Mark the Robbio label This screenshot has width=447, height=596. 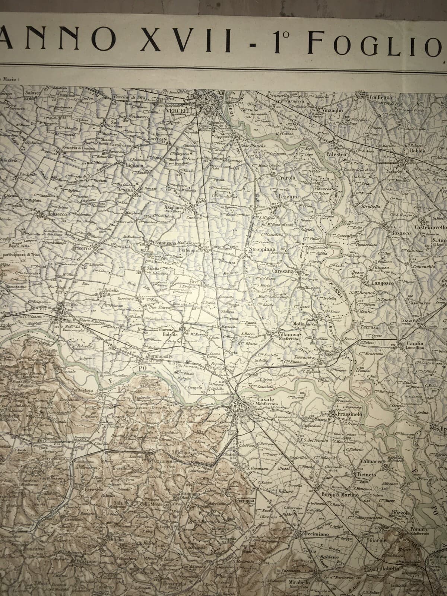pyautogui.click(x=415, y=151)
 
